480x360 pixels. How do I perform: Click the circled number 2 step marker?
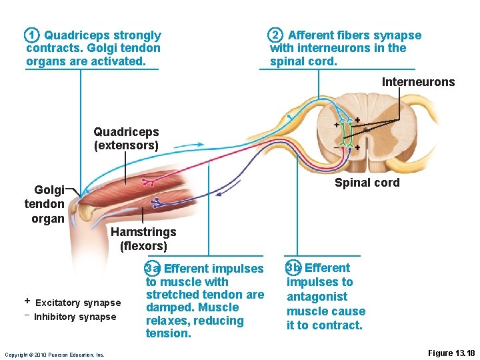(x=275, y=35)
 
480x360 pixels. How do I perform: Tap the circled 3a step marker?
(x=153, y=268)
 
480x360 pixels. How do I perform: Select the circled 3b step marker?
(x=293, y=268)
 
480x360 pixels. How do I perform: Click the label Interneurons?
(x=418, y=82)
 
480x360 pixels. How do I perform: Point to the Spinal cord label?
(x=367, y=183)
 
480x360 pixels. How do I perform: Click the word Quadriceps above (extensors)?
(x=126, y=132)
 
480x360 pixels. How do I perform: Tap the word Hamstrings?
(x=143, y=232)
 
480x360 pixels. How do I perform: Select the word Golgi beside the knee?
(x=50, y=190)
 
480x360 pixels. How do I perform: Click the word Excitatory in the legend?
(x=58, y=303)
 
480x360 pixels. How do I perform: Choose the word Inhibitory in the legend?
(x=55, y=317)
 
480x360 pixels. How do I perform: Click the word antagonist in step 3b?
(x=317, y=297)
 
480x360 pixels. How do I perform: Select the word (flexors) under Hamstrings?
(x=143, y=246)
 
